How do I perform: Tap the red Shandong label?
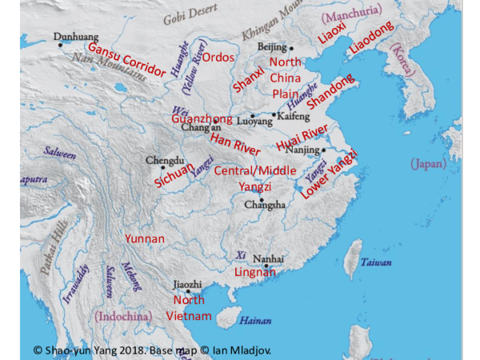pos(330,94)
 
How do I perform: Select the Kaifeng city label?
pos(292,116)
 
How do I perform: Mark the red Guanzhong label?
pos(202,118)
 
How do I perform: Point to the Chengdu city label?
pos(162,160)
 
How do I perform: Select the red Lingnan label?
pos(255,272)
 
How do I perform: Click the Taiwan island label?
pos(375,262)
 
